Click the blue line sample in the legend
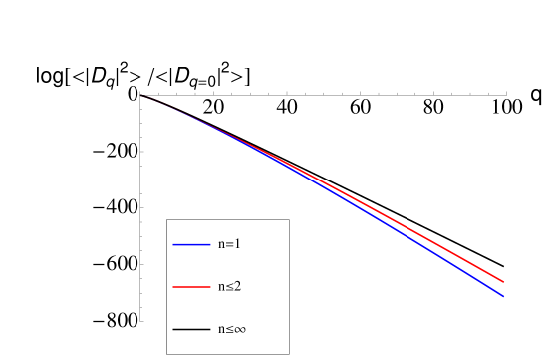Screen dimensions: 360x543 pos(190,244)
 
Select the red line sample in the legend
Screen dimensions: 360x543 pos(190,287)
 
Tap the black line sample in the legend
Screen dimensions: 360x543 pos(190,329)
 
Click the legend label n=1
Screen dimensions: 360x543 pos(229,244)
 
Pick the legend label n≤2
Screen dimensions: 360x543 pos(229,287)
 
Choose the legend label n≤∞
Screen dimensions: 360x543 pos(232,329)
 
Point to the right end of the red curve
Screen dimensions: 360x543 pos(504,282)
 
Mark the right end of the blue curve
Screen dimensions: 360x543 pos(503,296)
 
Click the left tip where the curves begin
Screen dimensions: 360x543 pos(141,95)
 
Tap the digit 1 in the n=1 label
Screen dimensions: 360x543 pos(238,244)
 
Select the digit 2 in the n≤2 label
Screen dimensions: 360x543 pos(238,287)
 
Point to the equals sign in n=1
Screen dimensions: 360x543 pos(230,244)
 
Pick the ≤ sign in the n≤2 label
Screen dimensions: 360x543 pos(230,287)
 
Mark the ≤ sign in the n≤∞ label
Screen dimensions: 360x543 pos(229,329)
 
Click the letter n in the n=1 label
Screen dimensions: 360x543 pos(222,244)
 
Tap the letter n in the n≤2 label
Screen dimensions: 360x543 pos(222,287)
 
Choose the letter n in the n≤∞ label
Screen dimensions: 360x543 pos(221,329)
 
